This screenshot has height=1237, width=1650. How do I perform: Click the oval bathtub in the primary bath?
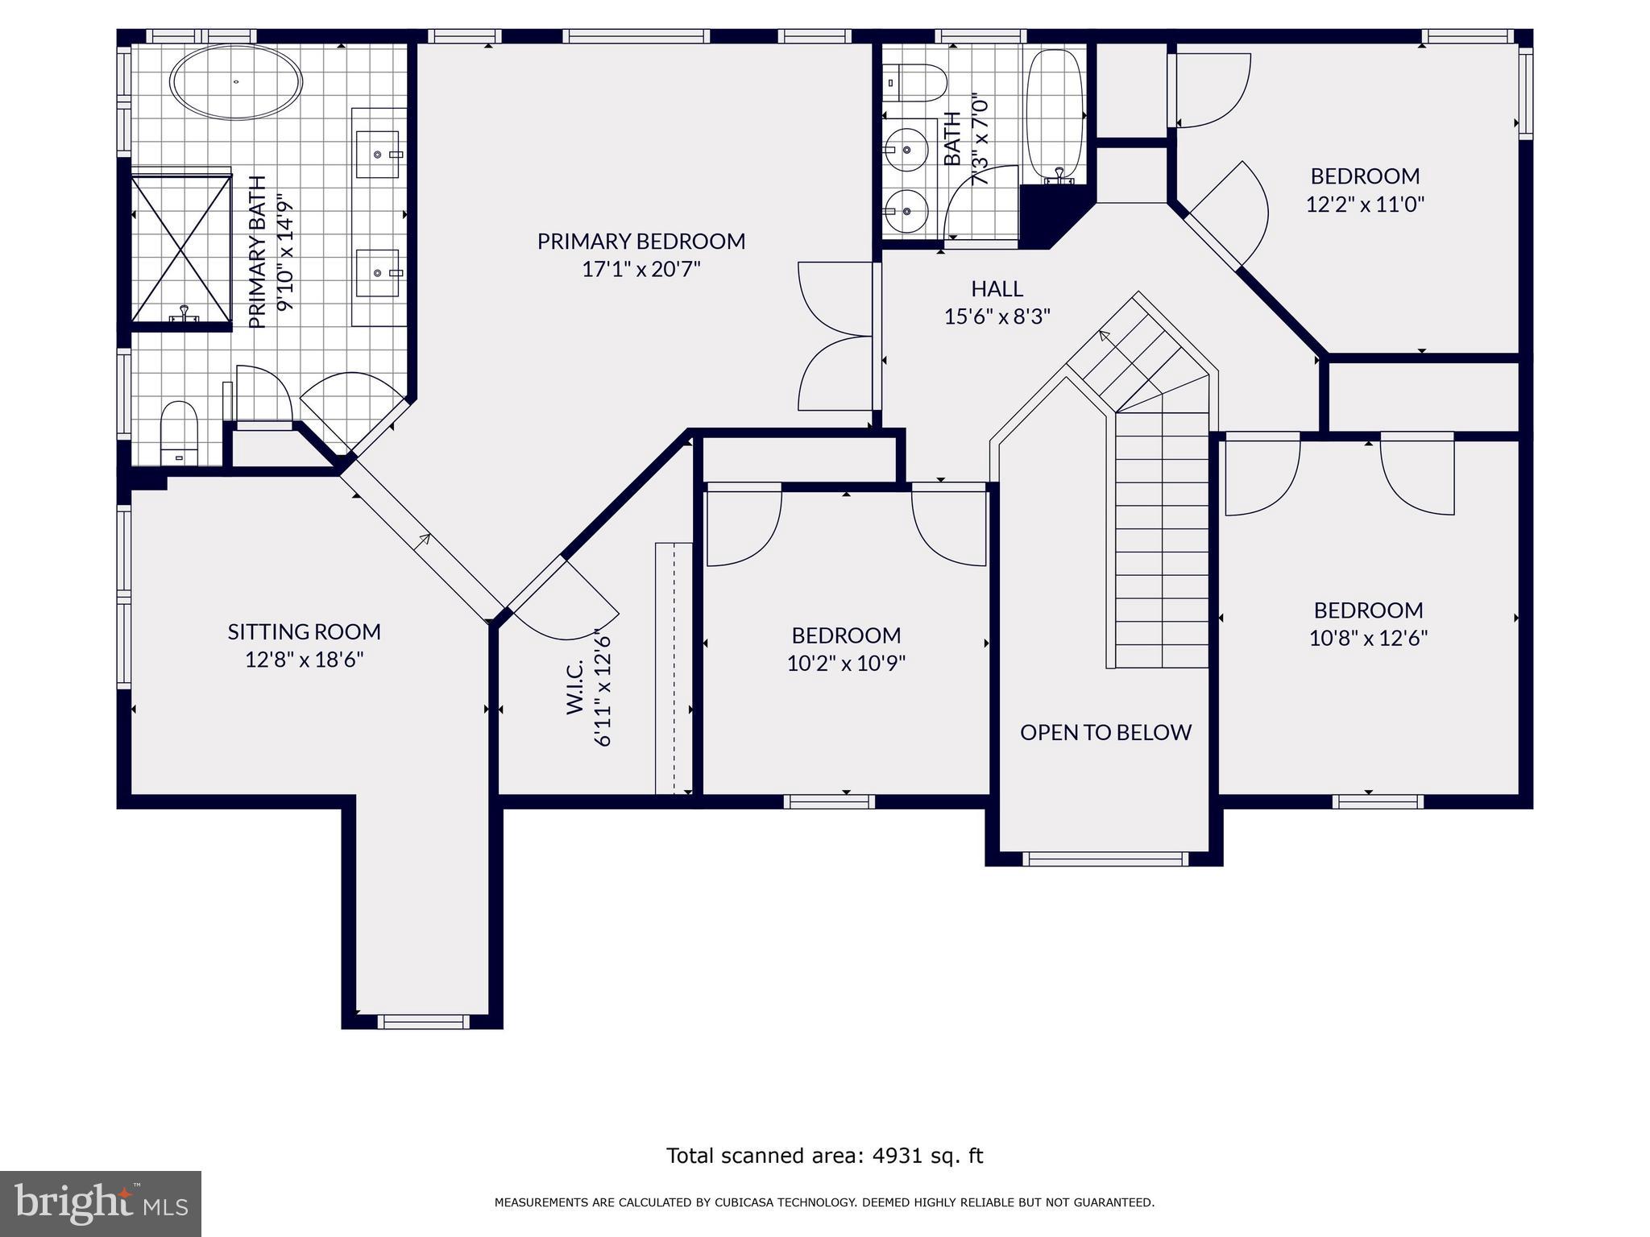[x=236, y=82]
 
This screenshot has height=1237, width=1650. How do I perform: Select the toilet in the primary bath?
[x=179, y=433]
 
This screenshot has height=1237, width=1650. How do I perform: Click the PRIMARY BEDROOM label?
[x=641, y=241]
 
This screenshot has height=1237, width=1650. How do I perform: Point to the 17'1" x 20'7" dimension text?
[x=641, y=269]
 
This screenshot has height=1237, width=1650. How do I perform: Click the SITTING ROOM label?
[x=304, y=631]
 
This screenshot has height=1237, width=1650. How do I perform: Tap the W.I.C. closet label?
[x=574, y=687]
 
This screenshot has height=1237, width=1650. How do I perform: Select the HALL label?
[x=997, y=288]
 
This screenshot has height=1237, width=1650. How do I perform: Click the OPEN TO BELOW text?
[x=1105, y=732]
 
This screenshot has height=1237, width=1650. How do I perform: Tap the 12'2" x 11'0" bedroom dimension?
[x=1365, y=204]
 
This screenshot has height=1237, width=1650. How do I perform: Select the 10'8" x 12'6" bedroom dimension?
[x=1368, y=639]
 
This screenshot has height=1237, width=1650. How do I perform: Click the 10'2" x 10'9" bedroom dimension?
[x=846, y=664]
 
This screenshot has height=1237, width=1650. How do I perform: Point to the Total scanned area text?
[x=824, y=1156]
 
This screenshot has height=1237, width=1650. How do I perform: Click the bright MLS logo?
[x=101, y=1203]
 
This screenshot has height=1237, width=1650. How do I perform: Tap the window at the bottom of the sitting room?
[x=423, y=1021]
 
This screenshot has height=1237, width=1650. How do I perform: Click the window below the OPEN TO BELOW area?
[x=1105, y=859]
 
